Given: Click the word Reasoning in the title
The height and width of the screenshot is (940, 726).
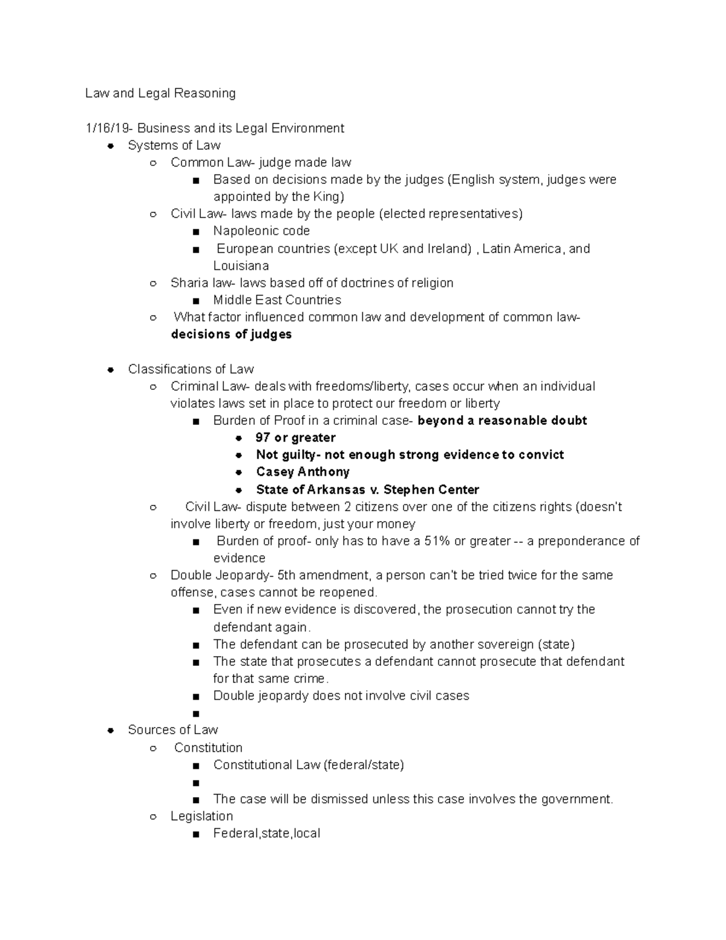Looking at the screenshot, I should click(204, 93).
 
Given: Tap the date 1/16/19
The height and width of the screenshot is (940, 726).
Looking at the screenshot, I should click(109, 128).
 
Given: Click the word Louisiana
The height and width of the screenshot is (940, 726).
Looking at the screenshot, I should click(241, 266).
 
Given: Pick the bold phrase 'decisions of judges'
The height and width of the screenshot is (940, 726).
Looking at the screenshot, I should click(231, 335).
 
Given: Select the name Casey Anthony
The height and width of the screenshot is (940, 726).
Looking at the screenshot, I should click(302, 472).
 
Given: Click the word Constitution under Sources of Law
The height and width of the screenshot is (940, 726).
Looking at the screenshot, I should click(208, 748).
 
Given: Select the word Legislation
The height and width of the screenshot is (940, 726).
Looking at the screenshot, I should click(201, 816).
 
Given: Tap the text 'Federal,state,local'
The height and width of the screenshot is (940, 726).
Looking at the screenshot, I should click(267, 833).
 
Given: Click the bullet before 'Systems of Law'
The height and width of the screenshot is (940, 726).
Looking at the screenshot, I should click(111, 146).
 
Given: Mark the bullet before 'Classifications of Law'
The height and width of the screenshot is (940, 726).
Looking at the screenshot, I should click(111, 370).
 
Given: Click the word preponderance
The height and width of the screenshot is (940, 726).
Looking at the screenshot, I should click(583, 541).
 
